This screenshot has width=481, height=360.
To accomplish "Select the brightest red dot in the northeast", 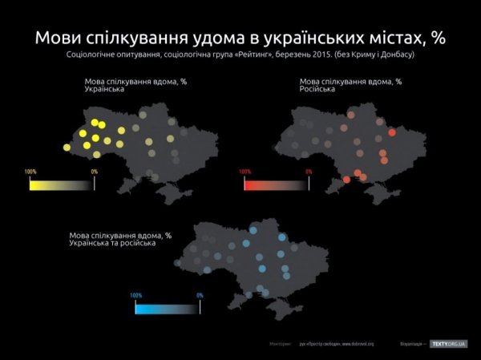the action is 392,132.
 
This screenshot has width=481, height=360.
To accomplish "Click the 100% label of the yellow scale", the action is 30,172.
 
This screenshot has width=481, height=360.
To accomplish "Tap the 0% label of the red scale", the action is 309,172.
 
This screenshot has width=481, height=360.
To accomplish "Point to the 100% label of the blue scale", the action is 136,295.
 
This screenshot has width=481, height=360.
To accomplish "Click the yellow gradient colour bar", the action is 62,184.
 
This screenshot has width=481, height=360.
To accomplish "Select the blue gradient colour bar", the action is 167,307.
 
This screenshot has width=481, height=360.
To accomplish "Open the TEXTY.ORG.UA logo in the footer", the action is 448,344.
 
